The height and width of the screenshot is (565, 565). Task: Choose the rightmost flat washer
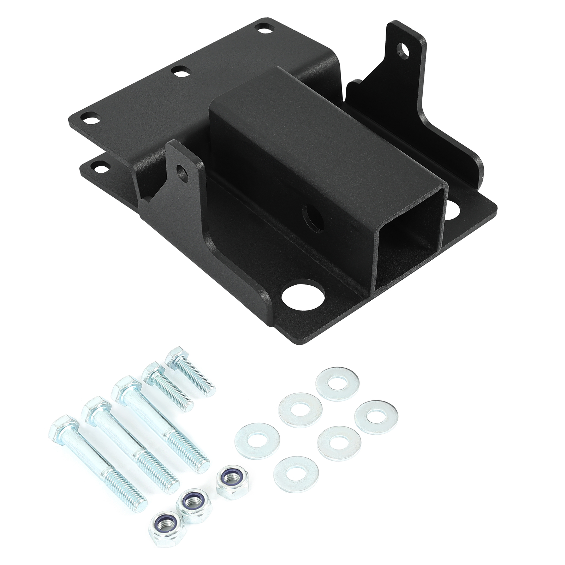coord(376,417)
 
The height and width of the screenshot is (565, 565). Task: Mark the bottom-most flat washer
coord(296,472)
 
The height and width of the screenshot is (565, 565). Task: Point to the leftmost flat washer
coord(257,440)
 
